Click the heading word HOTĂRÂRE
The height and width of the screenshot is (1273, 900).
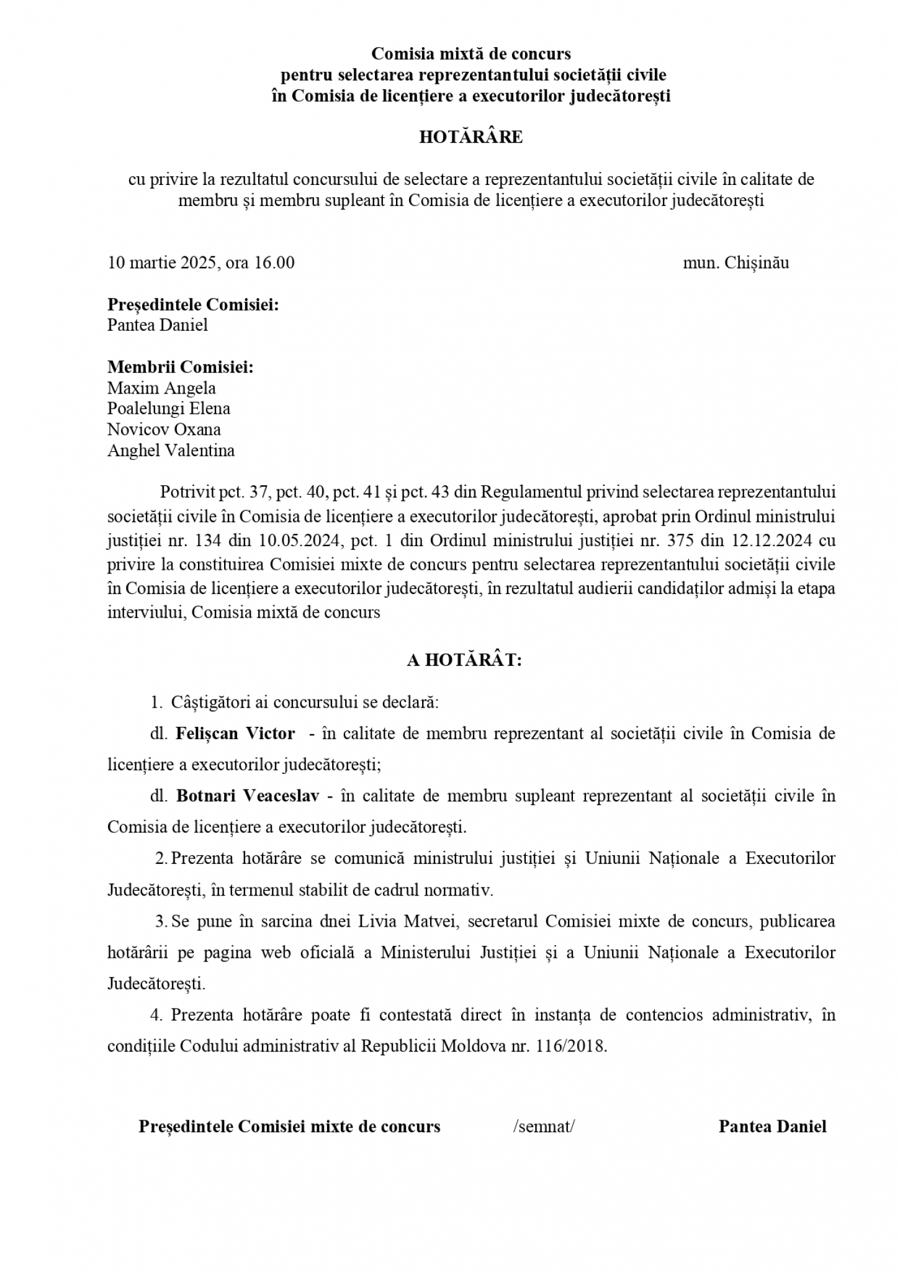[x=470, y=137]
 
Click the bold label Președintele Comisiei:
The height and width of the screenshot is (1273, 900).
[x=193, y=305]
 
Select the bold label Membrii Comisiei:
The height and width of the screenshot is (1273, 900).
[x=181, y=367]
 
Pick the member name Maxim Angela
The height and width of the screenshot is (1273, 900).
[x=161, y=389]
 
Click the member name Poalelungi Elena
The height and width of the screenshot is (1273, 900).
[x=169, y=409]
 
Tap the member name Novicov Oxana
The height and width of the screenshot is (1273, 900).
[x=164, y=430]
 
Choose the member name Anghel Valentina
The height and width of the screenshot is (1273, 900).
[x=171, y=451]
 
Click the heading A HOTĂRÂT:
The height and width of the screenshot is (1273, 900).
[x=464, y=660]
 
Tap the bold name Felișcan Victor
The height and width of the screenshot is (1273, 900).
[x=235, y=734]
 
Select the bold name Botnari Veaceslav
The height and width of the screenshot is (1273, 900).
[x=248, y=796]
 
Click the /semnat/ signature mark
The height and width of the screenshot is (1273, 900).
[x=544, y=1127]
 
